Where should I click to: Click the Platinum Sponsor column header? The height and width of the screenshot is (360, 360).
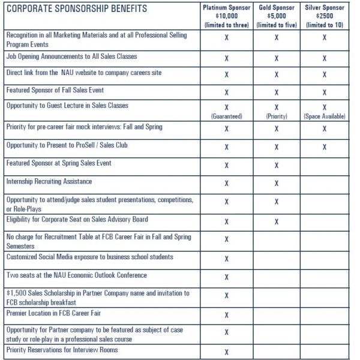click(226, 7)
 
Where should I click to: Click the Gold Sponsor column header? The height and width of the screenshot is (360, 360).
click(277, 7)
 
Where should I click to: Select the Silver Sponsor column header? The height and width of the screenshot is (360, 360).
click(325, 7)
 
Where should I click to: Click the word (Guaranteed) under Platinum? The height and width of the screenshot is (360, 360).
click(226, 116)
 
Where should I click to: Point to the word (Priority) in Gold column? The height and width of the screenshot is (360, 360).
click(277, 116)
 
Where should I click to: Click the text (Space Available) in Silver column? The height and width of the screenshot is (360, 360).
click(325, 116)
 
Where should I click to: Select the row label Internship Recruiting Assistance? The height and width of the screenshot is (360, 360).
click(49, 181)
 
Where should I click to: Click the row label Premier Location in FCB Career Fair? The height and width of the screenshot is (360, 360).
click(50, 313)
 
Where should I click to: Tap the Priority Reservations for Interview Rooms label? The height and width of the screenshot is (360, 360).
click(62, 350)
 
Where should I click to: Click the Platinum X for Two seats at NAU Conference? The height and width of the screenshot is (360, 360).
click(226, 277)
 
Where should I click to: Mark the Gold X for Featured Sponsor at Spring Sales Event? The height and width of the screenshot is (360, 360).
click(277, 165)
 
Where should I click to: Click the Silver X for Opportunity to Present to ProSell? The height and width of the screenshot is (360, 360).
click(325, 147)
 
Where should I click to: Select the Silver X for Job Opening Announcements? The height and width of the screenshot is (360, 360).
click(325, 59)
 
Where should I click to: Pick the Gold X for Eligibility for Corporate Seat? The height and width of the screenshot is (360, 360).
click(277, 221)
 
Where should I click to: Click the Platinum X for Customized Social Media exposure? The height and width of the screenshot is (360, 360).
click(226, 259)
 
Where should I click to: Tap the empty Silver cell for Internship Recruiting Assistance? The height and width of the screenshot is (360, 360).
click(325, 184)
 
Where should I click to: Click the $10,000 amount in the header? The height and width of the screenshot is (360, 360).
click(226, 16)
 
